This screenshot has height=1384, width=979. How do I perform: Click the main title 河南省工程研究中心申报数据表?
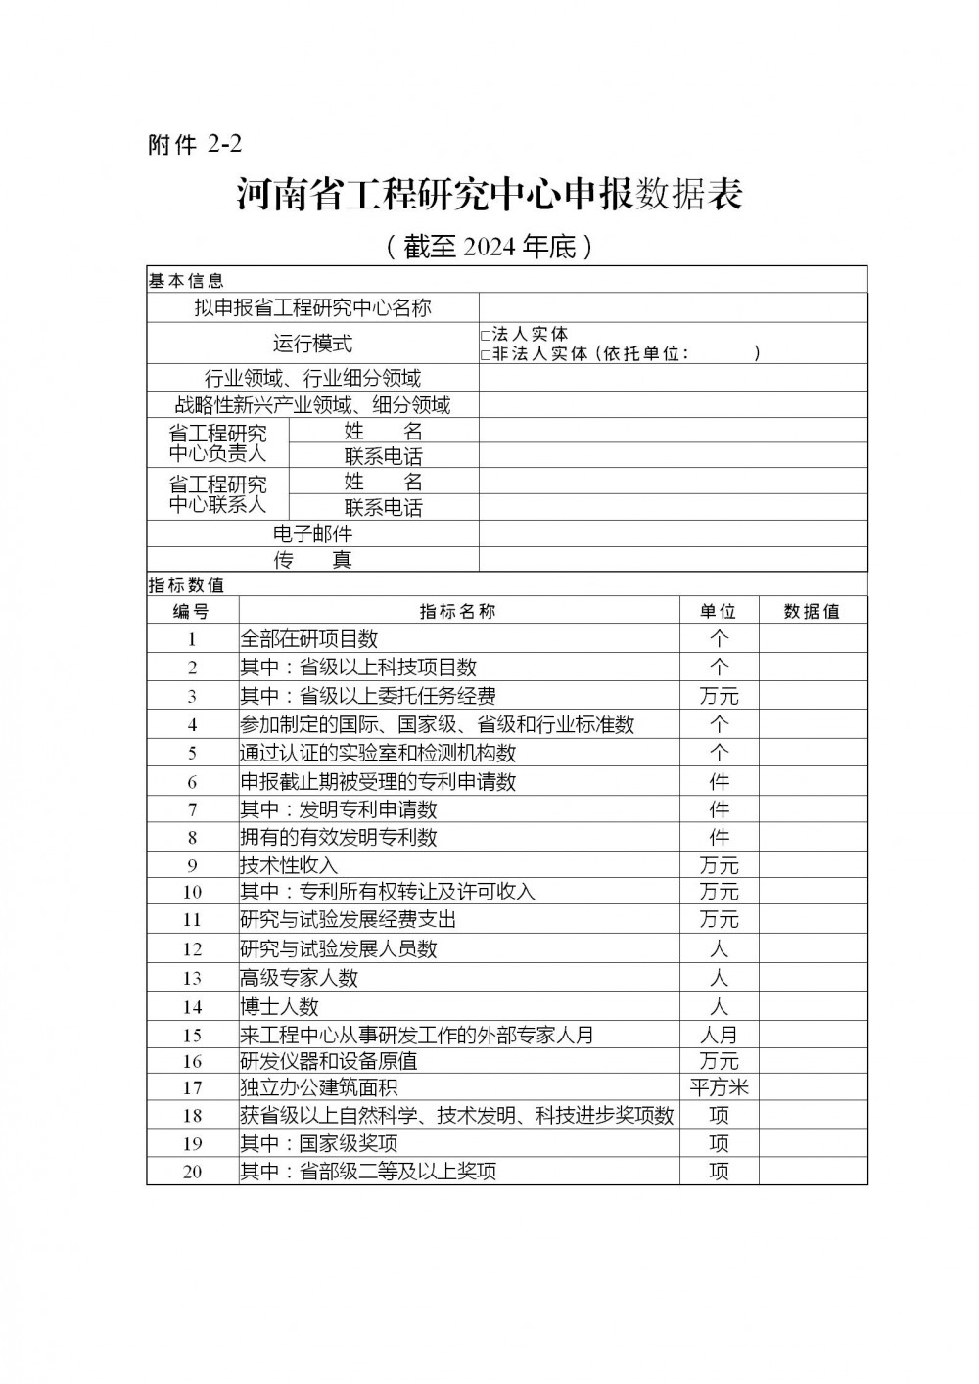[x=489, y=194]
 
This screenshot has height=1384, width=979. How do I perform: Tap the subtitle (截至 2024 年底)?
[x=489, y=247]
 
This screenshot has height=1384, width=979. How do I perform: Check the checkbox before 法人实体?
[x=486, y=336]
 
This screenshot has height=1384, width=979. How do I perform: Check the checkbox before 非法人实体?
[x=486, y=355]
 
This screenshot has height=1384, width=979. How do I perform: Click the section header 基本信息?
[x=186, y=281]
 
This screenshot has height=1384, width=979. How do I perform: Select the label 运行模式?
[x=312, y=344]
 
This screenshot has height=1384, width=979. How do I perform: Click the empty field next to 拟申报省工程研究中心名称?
[x=673, y=307]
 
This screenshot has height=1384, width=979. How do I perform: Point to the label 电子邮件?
[x=312, y=534]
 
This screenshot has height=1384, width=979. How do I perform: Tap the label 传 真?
[x=312, y=560]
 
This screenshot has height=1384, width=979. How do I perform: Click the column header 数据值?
[x=812, y=612]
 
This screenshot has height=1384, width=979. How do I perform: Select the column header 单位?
[x=718, y=612]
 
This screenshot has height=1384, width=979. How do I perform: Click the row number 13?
[x=192, y=979]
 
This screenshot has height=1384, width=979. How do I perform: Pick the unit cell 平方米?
[x=719, y=1087]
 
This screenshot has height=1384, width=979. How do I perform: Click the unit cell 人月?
[x=719, y=1036]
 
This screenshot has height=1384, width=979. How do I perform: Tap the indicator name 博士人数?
[x=280, y=1007]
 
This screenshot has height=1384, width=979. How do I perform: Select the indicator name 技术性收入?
[x=289, y=866]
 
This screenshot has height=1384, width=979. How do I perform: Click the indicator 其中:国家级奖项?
[x=319, y=1144]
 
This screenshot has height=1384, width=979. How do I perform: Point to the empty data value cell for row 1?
[x=812, y=639]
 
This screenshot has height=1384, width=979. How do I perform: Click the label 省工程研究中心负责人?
[x=217, y=442]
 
